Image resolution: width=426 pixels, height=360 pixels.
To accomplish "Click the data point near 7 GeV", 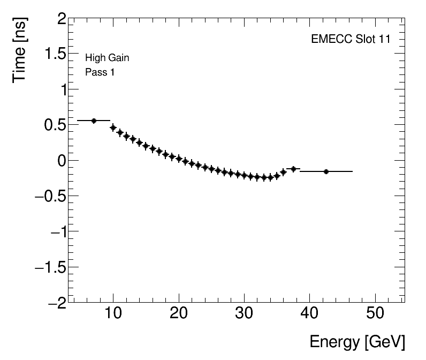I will [x=94, y=121].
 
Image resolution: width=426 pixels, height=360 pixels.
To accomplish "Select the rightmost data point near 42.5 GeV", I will [x=326, y=171].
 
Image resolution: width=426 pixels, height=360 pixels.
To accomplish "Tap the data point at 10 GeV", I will [x=113, y=127].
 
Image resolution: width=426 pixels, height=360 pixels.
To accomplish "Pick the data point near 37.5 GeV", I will [x=293, y=169].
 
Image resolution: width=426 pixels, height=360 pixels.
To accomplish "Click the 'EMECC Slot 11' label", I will [x=351, y=40].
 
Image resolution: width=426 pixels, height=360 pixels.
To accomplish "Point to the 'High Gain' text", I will [x=107, y=58].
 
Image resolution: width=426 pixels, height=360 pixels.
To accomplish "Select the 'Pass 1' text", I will [x=100, y=72].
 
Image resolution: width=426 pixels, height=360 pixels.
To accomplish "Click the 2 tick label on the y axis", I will [x=62, y=19].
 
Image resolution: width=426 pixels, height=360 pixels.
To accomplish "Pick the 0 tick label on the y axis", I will [x=62, y=161].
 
